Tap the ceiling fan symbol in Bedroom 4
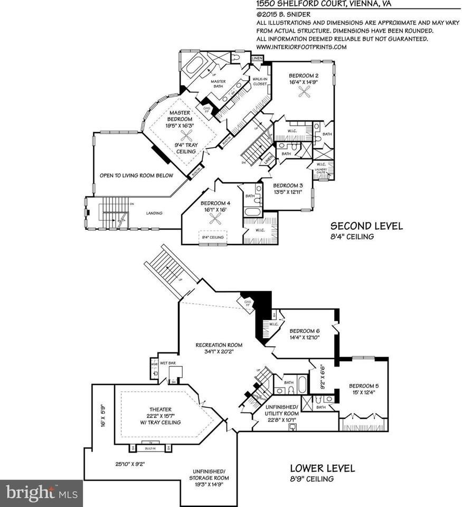point(215,222)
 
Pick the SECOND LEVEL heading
point(366,226)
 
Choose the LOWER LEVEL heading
point(323,468)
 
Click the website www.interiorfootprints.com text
point(301,46)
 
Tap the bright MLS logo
point(41,493)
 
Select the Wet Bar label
point(168,363)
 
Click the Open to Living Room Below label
point(136,175)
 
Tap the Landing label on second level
point(154,213)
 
